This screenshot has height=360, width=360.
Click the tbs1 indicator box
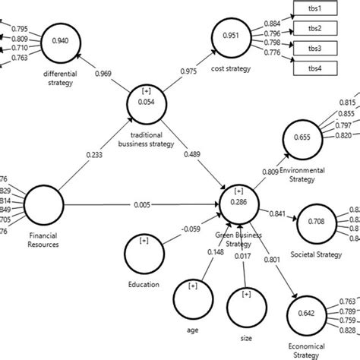(314, 11)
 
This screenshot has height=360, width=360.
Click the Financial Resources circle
(43, 205)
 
